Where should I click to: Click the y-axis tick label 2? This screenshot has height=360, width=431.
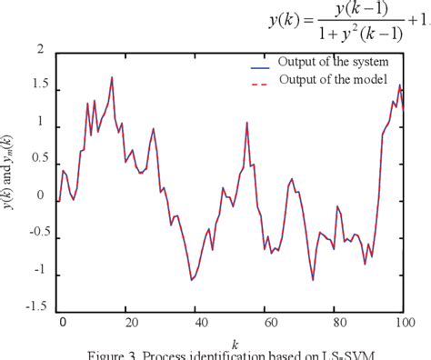[39, 51]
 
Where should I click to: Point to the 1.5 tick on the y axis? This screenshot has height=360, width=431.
[34, 90]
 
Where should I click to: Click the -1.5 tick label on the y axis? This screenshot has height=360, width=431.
[32, 306]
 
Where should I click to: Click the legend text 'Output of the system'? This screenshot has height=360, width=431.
[335, 62]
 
